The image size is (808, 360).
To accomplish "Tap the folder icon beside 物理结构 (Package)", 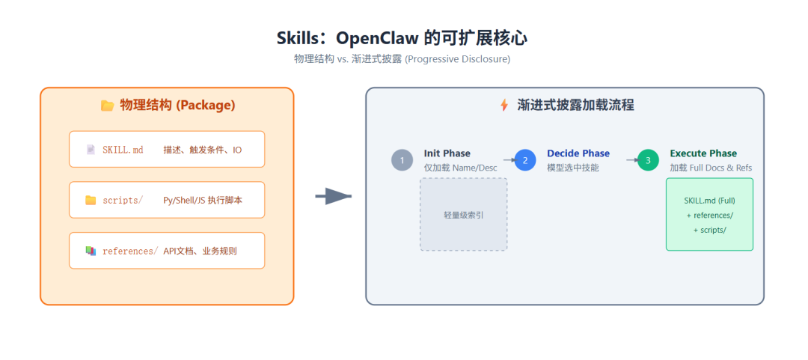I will pos(107,106).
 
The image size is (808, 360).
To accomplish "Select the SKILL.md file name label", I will pos(123,150).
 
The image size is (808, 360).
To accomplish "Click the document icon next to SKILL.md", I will pos(91,150).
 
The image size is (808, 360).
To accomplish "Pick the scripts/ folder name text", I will pos(123,200).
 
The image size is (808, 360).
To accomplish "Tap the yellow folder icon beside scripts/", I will pos(91,200).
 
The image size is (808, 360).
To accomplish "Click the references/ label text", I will pos(130,251).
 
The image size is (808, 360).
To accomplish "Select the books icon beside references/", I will pos(91,251).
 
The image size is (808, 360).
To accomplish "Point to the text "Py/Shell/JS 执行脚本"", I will pos(203,200).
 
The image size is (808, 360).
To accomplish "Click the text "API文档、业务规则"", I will pos(200,251).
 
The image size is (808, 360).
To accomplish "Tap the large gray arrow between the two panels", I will pos(334,197).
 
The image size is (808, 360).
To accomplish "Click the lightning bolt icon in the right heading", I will pos(504,106).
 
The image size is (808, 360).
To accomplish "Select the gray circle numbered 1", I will pos(402,160).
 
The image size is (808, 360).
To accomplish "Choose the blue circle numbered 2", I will pos(525,160).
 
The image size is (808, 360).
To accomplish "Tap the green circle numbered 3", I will pos(648,160).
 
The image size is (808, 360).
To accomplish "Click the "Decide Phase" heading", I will pos(578,153).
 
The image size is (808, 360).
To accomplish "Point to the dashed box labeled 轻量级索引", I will pos(463,214).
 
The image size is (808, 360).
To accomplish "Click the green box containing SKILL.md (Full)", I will pos(709,214).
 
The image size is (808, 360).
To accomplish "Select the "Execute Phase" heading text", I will pos(703,153).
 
